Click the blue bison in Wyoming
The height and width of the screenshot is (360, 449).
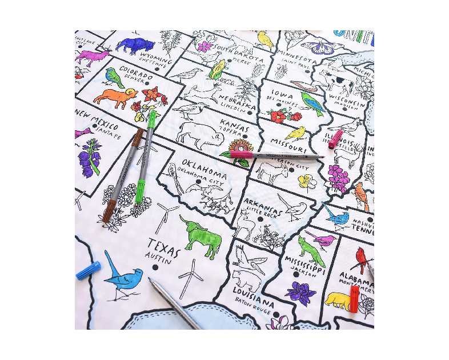(135, 45)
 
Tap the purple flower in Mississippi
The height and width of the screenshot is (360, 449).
(301, 292)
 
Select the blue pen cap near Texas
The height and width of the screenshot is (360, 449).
(89, 270)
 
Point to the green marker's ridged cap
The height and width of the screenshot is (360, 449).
(141, 191)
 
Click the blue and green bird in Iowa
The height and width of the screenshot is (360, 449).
(312, 103)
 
